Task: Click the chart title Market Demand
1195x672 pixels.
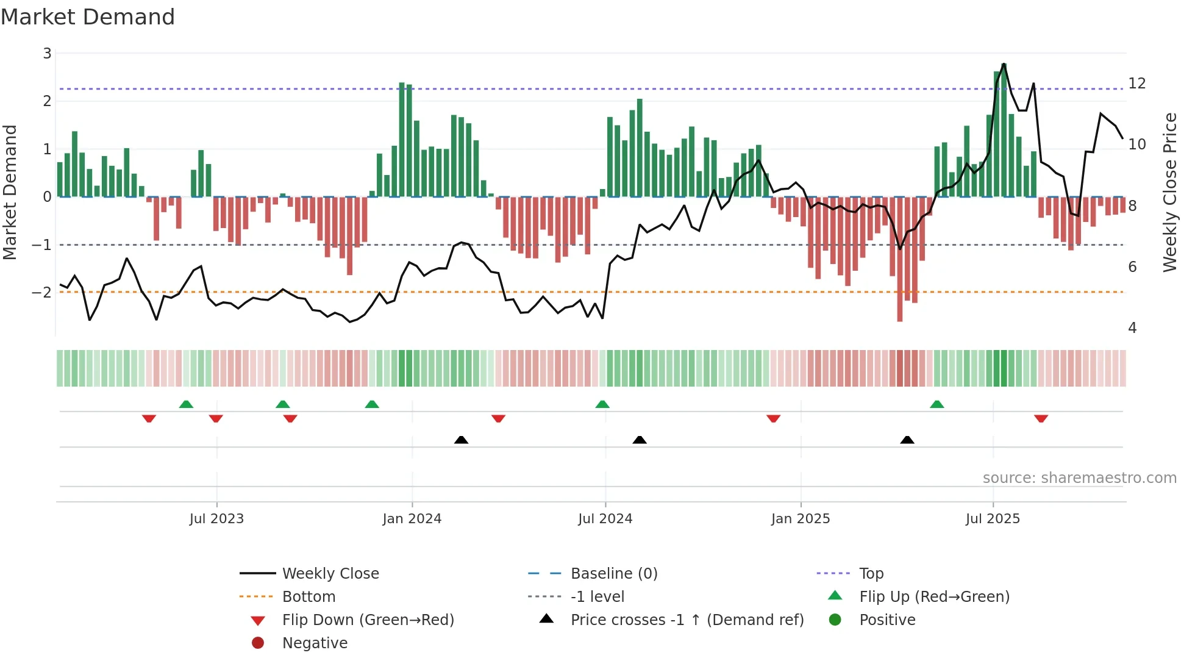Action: (x=88, y=17)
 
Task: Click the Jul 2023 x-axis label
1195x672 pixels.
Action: (x=216, y=519)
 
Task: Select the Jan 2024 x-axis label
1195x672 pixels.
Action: (x=412, y=519)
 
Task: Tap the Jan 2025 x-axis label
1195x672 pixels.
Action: (x=800, y=519)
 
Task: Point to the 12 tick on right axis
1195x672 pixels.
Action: (x=1136, y=84)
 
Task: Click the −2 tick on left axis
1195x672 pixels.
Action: (x=42, y=293)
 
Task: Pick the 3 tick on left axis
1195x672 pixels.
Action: (x=47, y=54)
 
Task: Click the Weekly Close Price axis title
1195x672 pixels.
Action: (x=1170, y=192)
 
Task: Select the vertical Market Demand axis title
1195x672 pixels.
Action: (x=10, y=192)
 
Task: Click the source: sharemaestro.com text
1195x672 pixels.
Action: (x=1079, y=478)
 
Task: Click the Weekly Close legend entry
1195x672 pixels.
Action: (x=330, y=574)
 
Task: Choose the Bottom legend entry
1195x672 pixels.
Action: (x=309, y=597)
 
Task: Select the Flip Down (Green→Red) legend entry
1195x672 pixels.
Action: (x=368, y=620)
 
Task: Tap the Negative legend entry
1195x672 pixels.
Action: (x=315, y=643)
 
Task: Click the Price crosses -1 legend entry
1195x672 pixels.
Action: (x=687, y=620)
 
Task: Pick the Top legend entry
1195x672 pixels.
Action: (x=871, y=574)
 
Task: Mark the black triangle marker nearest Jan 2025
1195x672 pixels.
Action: (x=907, y=440)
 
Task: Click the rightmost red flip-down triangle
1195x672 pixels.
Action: (x=1041, y=418)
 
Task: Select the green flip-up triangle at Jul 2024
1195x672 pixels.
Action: (x=602, y=404)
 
